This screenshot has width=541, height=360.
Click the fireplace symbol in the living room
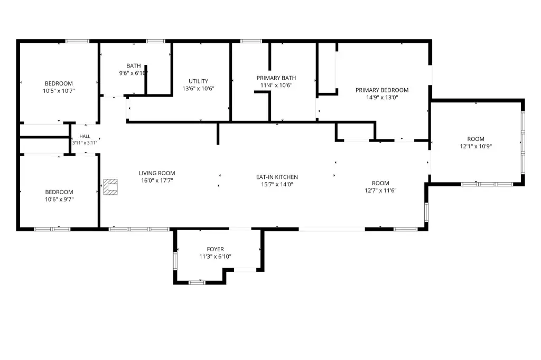[110, 187]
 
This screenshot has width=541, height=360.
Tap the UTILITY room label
[199, 81]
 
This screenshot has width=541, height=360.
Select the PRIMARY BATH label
[276, 78]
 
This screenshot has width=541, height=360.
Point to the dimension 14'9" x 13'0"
[382, 97]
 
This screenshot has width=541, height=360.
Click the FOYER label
[216, 249]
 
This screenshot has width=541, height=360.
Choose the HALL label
[85, 136]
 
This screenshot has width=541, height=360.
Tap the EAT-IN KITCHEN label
[277, 177]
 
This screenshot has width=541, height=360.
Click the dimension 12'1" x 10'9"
[476, 146]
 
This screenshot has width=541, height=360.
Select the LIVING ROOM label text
[157, 173]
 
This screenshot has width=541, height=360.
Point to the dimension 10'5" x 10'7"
[59, 91]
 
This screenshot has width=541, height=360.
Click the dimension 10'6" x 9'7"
[59, 200]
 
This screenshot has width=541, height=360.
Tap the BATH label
[134, 65]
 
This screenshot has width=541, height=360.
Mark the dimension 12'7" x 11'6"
[380, 191]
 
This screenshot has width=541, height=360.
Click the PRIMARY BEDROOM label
[382, 90]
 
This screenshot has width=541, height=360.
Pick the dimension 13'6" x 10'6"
[199, 88]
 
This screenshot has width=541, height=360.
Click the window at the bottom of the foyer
[197, 282]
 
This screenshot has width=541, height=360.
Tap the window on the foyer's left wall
[175, 261]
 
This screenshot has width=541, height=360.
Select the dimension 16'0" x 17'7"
[157, 181]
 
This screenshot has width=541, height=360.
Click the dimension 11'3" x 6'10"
[216, 256]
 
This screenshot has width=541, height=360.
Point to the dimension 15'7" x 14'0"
[277, 184]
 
